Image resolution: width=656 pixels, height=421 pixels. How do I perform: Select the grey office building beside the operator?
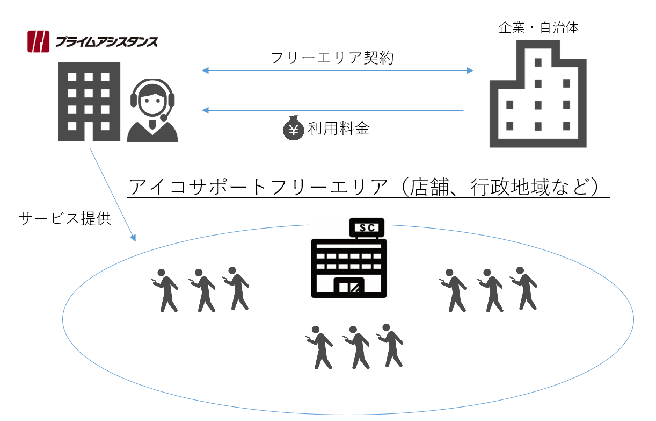pyautogui.click(x=89, y=102)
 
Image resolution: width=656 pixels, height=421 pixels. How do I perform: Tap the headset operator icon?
pyautogui.click(x=153, y=111)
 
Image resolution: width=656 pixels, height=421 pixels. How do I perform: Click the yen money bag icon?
pyautogui.click(x=294, y=129)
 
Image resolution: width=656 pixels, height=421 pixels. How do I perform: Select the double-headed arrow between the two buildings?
pyautogui.click(x=338, y=70)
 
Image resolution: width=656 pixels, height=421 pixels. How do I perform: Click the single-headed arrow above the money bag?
pyautogui.click(x=333, y=110)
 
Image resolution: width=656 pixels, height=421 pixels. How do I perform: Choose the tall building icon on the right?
pyautogui.click(x=538, y=94)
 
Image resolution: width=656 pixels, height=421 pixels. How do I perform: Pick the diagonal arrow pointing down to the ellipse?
pyautogui.click(x=112, y=194)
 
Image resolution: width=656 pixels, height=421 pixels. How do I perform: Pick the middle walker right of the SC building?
pyautogui.click(x=491, y=290)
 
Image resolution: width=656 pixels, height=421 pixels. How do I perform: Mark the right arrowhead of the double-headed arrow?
pyautogui.click(x=470, y=70)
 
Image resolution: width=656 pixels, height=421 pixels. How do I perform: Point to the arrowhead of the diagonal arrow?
pyautogui.click(x=133, y=237)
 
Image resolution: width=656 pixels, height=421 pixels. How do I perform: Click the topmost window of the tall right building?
pyautogui.click(x=538, y=62)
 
